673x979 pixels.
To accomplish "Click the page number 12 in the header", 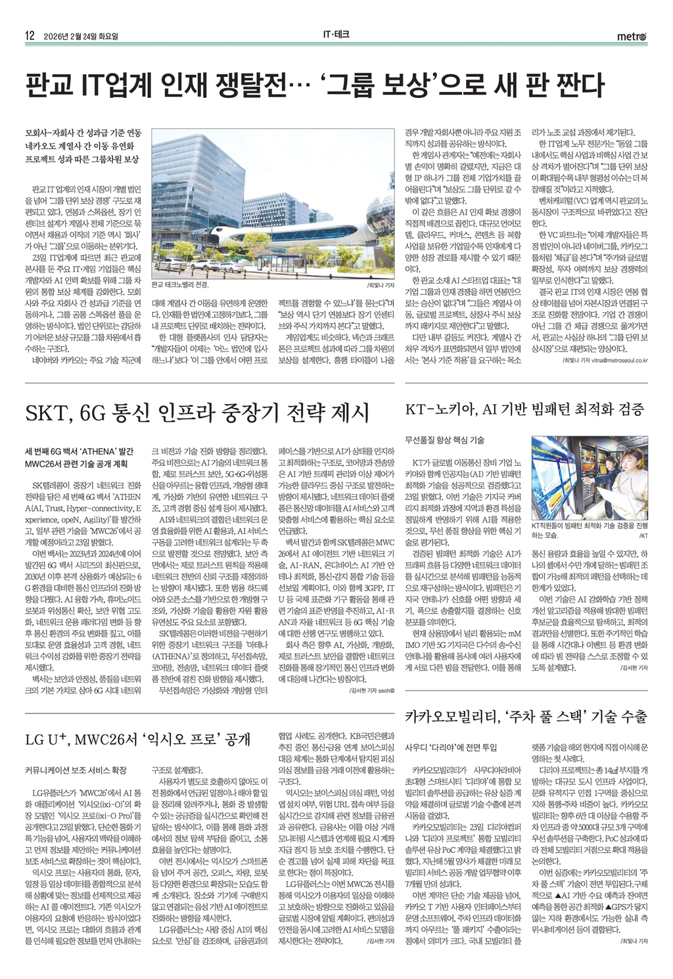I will coord(30,36).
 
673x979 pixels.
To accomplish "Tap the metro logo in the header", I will coord(632,36).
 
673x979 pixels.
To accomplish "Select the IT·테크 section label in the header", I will coord(336,35).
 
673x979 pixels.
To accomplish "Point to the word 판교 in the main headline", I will coord(49,86).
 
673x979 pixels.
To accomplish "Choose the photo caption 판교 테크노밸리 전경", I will coord(179,285).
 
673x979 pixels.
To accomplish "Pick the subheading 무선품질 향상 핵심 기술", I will coord(444,440).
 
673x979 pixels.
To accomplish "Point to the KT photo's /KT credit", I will coord(643,536).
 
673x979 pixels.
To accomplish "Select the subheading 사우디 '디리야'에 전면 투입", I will coord(451,747).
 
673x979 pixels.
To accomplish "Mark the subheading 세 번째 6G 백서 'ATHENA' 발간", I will coord(79,451).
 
